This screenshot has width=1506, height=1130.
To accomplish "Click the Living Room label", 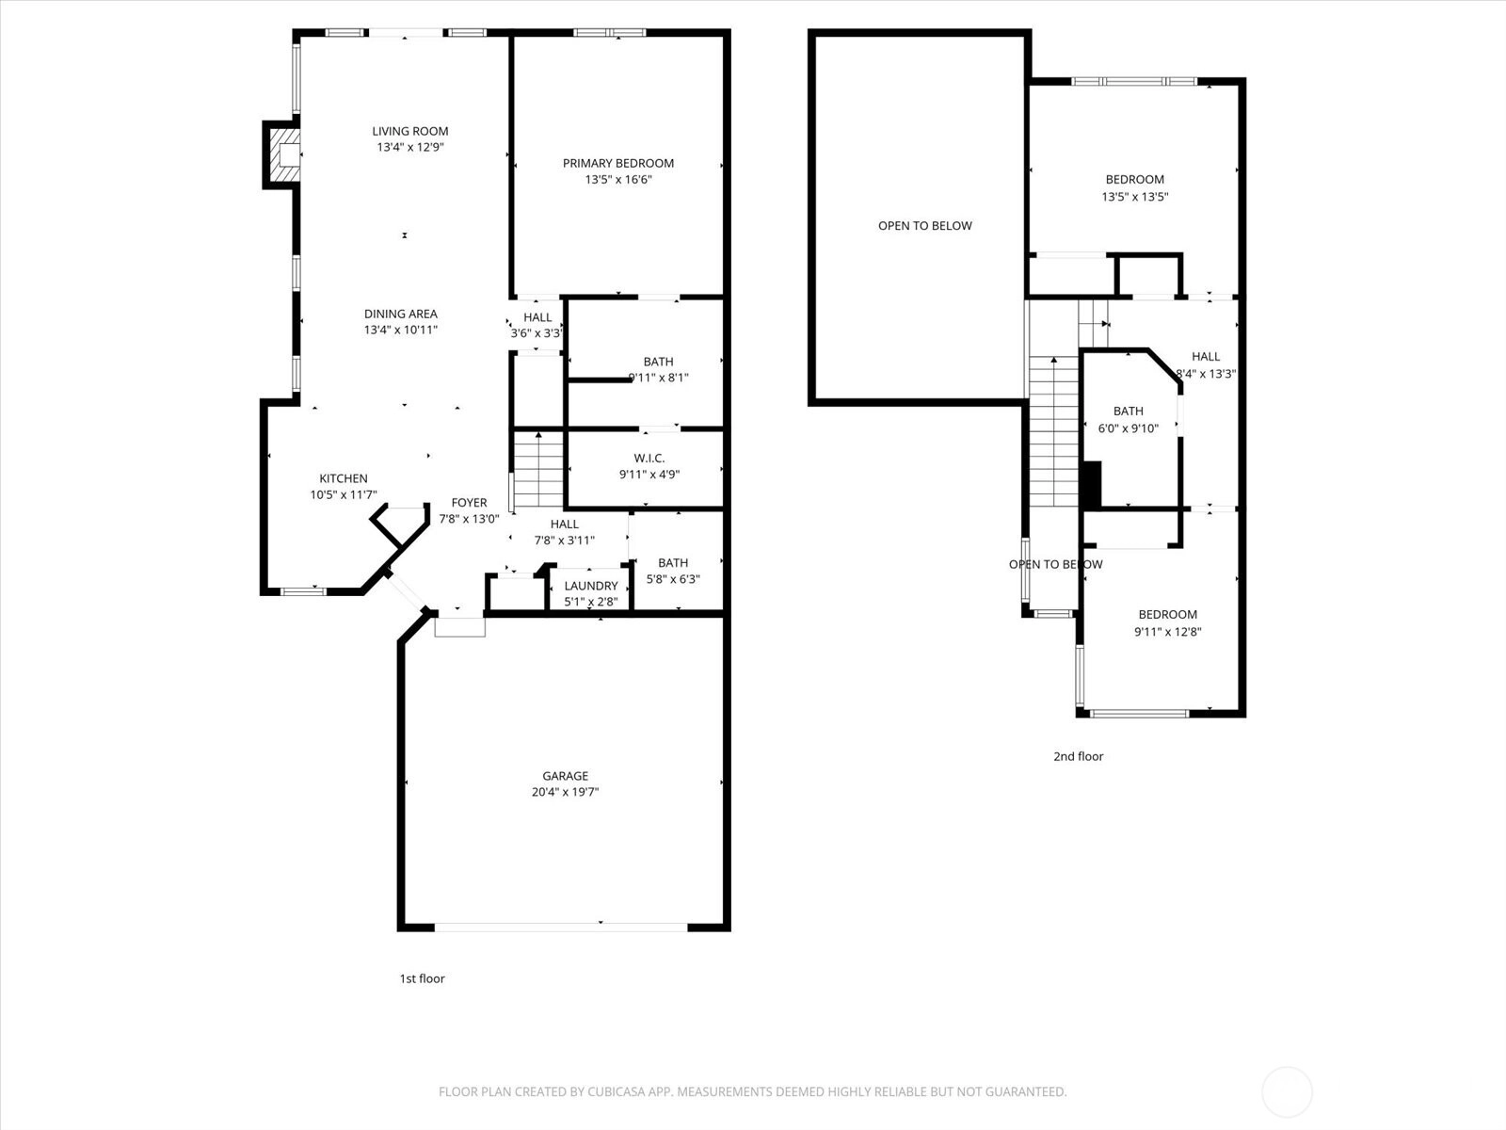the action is pos(410,131).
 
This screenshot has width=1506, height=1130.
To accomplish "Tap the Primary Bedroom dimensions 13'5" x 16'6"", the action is pos(618,180).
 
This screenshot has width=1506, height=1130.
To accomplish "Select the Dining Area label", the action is pos(401,314).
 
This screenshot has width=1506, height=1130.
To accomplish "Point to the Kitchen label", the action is pos(343,478).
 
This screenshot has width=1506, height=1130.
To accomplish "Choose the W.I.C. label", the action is pos(649,458).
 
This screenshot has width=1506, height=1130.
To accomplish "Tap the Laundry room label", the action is pos(591,586).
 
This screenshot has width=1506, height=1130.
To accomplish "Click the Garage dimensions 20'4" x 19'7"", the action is pos(566,792).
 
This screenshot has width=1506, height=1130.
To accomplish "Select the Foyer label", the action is pos(470,502).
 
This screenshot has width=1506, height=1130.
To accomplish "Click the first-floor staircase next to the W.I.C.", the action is pos(538,469).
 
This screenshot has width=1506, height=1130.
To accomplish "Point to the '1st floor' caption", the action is pos(422,978).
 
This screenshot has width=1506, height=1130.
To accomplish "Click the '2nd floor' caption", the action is pos(1079,756).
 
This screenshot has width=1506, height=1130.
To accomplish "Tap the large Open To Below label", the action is pos(925,226).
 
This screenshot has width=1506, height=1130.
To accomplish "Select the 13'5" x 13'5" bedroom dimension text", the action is pos(1135,197).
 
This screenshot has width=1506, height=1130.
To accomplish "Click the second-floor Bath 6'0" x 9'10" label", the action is pos(1128,419).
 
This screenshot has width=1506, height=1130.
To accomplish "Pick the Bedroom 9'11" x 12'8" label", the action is pos(1168,623).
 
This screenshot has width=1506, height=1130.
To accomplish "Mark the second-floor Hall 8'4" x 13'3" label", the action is pos(1206,365).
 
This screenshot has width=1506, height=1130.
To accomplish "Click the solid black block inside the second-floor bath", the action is pos(1092,484).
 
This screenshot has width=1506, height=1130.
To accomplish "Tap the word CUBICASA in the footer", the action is pos(617,1091).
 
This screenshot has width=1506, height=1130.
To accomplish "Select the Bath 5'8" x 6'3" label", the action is pos(673,571).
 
